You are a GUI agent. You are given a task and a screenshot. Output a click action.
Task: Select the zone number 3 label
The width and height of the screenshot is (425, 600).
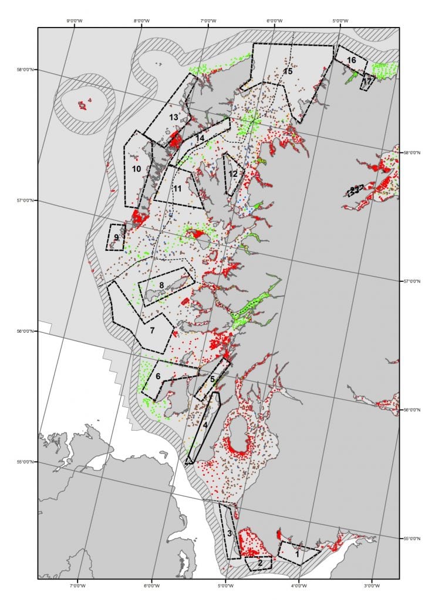[230, 533]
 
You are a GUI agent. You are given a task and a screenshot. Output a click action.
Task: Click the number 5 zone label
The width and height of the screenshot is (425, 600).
[212, 379]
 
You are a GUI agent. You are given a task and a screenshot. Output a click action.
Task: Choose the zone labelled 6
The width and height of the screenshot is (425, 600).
[157, 376]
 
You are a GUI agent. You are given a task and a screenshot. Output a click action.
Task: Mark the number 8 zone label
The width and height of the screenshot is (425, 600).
[161, 285]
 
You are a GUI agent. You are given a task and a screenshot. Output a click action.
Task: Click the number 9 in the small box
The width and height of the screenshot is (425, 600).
[116, 237]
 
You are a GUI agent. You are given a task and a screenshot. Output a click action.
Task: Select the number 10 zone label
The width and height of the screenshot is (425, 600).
[136, 169]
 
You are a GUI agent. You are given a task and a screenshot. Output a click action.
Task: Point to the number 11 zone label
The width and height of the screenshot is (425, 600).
[178, 188]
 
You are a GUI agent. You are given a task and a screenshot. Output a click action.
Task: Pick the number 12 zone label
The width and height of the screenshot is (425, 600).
[233, 174]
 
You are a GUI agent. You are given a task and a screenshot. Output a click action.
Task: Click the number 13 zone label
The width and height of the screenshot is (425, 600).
[173, 117]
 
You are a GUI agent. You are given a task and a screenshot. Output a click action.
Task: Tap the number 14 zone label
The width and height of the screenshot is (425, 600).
[200, 138]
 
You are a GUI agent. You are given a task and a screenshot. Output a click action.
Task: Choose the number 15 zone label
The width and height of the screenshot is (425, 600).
[288, 71]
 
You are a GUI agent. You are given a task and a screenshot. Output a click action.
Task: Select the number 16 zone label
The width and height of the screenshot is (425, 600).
[351, 60]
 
